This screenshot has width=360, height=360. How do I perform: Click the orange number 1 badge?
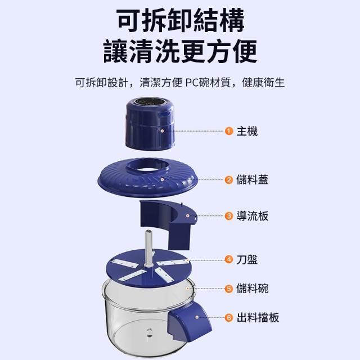pos(229,131)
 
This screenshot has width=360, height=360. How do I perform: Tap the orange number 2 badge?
pos(229,180)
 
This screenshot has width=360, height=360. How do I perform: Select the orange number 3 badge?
pos(229,216)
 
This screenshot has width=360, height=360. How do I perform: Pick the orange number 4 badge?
pos(229,260)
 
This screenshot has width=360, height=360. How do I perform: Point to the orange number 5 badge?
pos(229,289)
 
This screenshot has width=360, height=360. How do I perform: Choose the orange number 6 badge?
pos(229,318)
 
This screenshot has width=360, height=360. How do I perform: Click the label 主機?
pos(247,131)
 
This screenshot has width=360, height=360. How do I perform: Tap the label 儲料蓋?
pos(253,180)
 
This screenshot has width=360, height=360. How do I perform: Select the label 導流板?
pos(253,216)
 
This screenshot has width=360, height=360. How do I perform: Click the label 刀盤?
pos(247,260)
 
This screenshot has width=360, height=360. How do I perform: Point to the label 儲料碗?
pos(253,289)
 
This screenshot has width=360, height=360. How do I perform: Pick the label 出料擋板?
pos(258,318)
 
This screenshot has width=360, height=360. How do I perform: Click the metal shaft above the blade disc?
pos(148,248)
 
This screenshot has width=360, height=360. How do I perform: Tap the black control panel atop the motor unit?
pos(150,102)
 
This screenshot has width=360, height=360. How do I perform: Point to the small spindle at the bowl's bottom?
pos(150,332)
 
